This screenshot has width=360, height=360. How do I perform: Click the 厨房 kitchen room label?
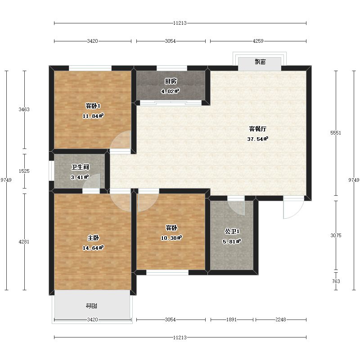tap(171, 81)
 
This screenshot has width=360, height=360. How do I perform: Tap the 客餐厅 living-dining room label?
tap(257, 129)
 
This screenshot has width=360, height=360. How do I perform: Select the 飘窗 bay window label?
tap(260, 62)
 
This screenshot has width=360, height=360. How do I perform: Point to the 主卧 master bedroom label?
tap(93, 238)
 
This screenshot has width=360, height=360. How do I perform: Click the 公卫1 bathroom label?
tap(232, 231)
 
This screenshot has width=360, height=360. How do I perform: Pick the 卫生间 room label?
tap(80, 167)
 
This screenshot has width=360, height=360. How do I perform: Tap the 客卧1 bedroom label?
tap(93, 106)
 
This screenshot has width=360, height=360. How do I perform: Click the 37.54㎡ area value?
tap(257, 139)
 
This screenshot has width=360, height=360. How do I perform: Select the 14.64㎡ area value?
tap(93, 248)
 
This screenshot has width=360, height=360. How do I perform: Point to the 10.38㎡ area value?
tap(171, 238)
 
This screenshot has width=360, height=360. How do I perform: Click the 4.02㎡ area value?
tap(170, 91)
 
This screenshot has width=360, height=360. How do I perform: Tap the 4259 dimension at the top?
tap(258, 41)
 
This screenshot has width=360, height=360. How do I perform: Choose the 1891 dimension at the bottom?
tap(231, 319)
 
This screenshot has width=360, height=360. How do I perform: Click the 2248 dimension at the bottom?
tap(280, 319)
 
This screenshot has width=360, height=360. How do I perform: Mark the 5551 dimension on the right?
tap(336, 133)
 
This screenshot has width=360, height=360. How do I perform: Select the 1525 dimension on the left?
tap(24, 171)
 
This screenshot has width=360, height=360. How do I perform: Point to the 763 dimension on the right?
tap(336, 281)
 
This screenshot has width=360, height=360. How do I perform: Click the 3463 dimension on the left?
tap(24, 109)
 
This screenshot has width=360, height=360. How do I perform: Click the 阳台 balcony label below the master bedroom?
tap(91, 306)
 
